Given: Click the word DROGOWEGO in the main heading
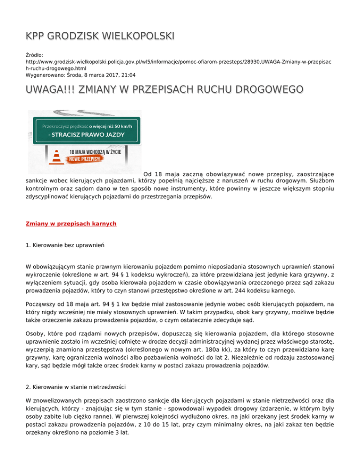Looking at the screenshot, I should tap(255, 89).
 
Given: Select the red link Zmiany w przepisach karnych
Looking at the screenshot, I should tap(71, 224).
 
